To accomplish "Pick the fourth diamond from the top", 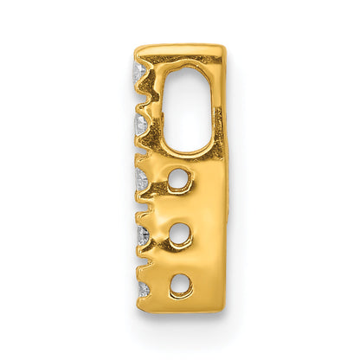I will pyautogui.click(x=142, y=235).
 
